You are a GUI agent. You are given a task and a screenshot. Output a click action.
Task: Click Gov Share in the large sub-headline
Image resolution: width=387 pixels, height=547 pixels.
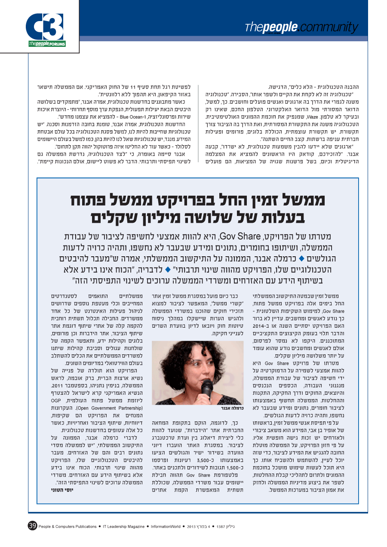(238, 237)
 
